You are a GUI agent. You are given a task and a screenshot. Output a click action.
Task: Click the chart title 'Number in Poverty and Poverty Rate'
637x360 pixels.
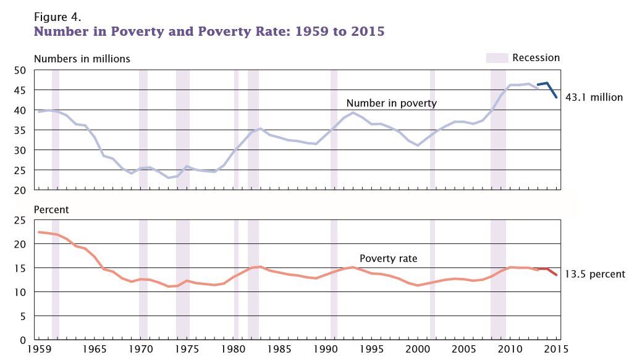click(209, 31)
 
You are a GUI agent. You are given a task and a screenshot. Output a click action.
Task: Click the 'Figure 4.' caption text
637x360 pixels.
click(57, 15)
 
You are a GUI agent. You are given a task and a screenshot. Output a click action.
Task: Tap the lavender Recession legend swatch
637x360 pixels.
click(497, 58)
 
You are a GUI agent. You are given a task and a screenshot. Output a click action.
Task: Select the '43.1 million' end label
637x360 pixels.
click(594, 98)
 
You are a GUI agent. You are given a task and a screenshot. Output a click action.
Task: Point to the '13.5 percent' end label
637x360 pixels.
click(595, 274)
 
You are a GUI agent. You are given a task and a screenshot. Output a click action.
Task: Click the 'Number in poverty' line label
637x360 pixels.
click(391, 103)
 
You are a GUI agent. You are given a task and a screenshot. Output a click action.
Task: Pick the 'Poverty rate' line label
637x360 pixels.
click(389, 259)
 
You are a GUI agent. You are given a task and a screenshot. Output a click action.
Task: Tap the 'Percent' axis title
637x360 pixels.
click(51, 210)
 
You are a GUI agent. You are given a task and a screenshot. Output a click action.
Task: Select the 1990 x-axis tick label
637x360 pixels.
click(326, 349)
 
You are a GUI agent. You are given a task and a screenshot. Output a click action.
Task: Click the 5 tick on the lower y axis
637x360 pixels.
click(22, 316)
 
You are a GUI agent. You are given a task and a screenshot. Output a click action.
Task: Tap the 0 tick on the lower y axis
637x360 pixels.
click(22, 340)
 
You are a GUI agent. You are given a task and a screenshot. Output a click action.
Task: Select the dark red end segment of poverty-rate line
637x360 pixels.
click(550, 271)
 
